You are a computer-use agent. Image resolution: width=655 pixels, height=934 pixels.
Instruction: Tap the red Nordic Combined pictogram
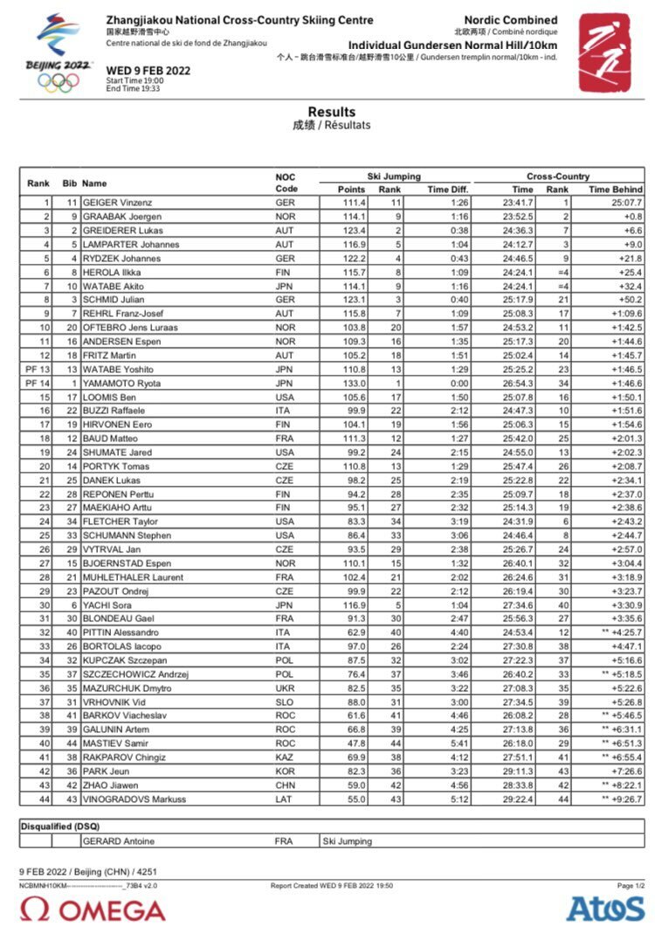603,52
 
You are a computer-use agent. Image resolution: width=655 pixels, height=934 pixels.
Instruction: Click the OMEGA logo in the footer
93,910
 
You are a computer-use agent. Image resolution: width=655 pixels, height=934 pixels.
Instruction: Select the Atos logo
605,909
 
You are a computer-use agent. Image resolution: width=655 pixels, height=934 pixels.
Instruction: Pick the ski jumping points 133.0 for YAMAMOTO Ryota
353,384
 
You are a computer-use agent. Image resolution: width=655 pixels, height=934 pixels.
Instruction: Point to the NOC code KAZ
285,758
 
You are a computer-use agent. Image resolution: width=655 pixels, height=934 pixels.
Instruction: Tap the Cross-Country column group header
558,176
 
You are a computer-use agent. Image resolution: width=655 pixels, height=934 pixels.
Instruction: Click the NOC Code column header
286,183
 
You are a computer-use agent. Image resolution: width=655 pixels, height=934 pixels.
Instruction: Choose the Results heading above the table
331,112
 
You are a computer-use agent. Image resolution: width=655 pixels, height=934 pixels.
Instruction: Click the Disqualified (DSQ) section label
60,826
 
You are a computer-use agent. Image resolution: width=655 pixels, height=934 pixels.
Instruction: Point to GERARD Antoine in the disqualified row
118,841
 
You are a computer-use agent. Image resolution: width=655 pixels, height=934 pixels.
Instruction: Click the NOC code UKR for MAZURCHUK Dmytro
285,688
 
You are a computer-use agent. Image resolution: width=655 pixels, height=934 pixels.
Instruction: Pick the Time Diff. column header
448,190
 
